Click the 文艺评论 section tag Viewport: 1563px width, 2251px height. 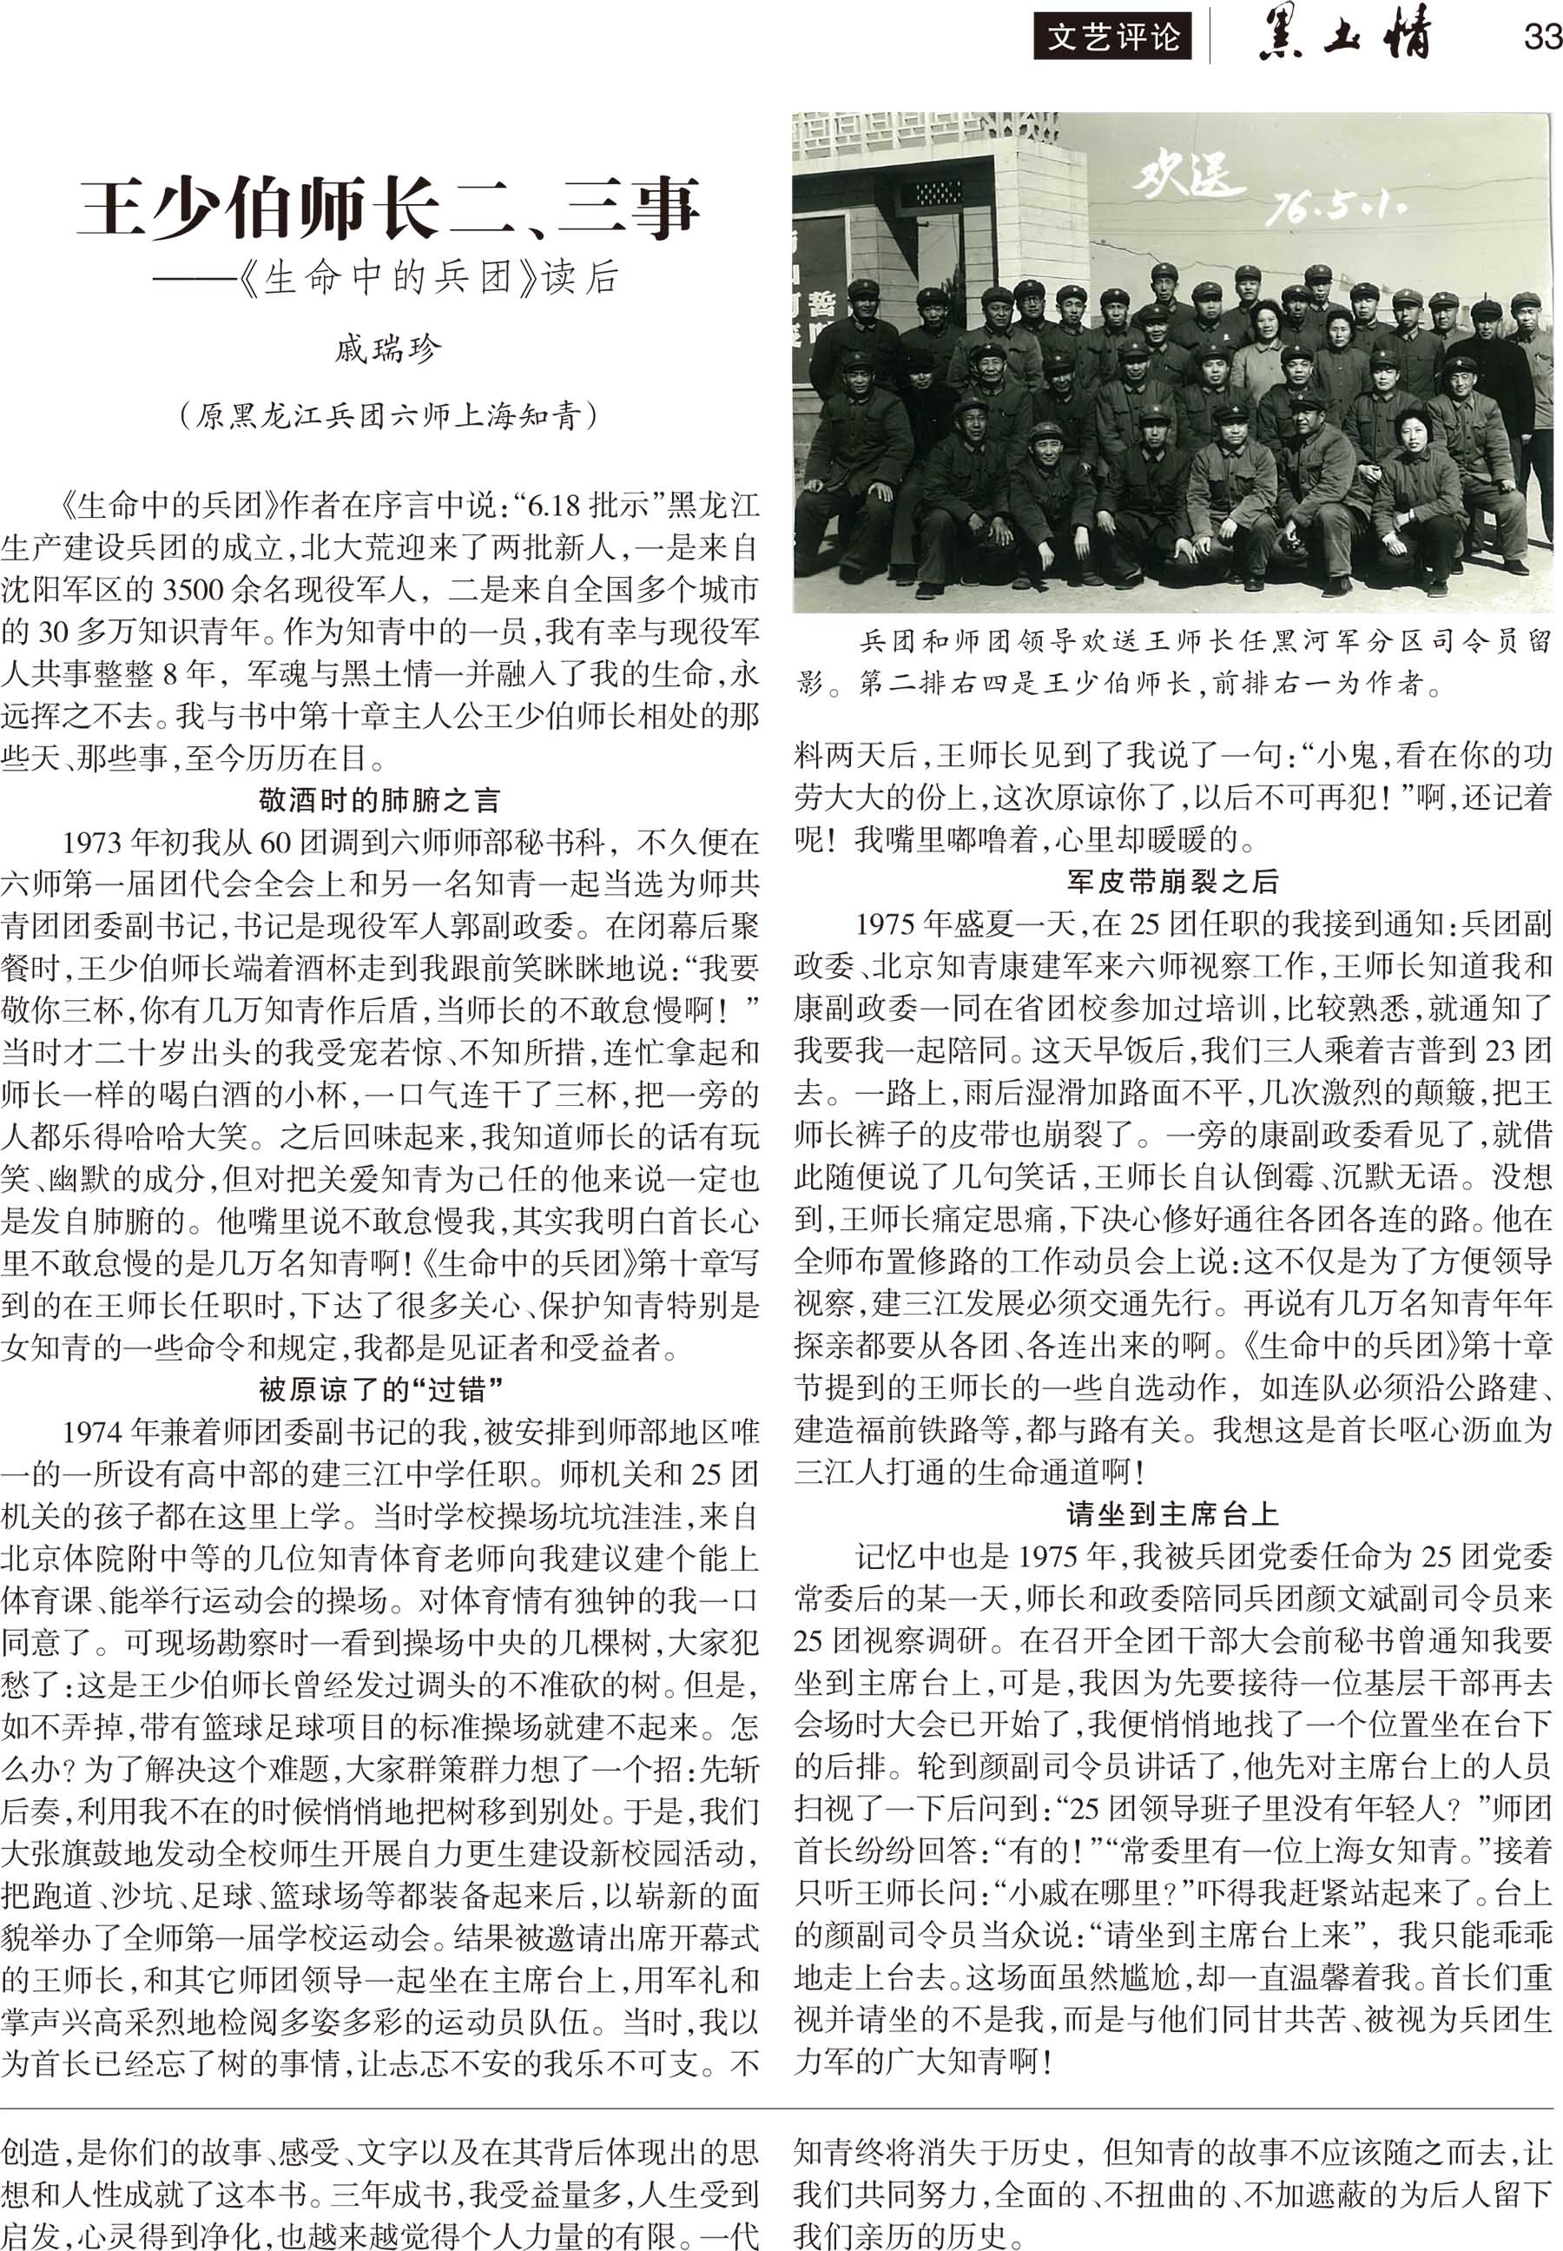point(1113,38)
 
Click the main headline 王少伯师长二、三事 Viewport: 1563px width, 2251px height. point(389,207)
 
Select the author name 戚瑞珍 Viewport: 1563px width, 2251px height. point(388,350)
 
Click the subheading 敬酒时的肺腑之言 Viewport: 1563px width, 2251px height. point(380,800)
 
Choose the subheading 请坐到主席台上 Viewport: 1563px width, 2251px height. point(1172,1515)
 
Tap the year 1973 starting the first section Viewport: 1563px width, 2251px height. point(94,844)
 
